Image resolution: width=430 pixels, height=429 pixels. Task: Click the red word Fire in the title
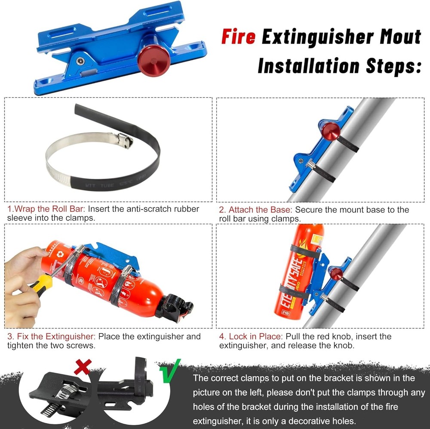tap(239, 37)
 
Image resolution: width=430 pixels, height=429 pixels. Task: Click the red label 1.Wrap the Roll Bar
tap(46, 209)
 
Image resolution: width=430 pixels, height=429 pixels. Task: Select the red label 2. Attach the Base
tap(255, 210)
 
